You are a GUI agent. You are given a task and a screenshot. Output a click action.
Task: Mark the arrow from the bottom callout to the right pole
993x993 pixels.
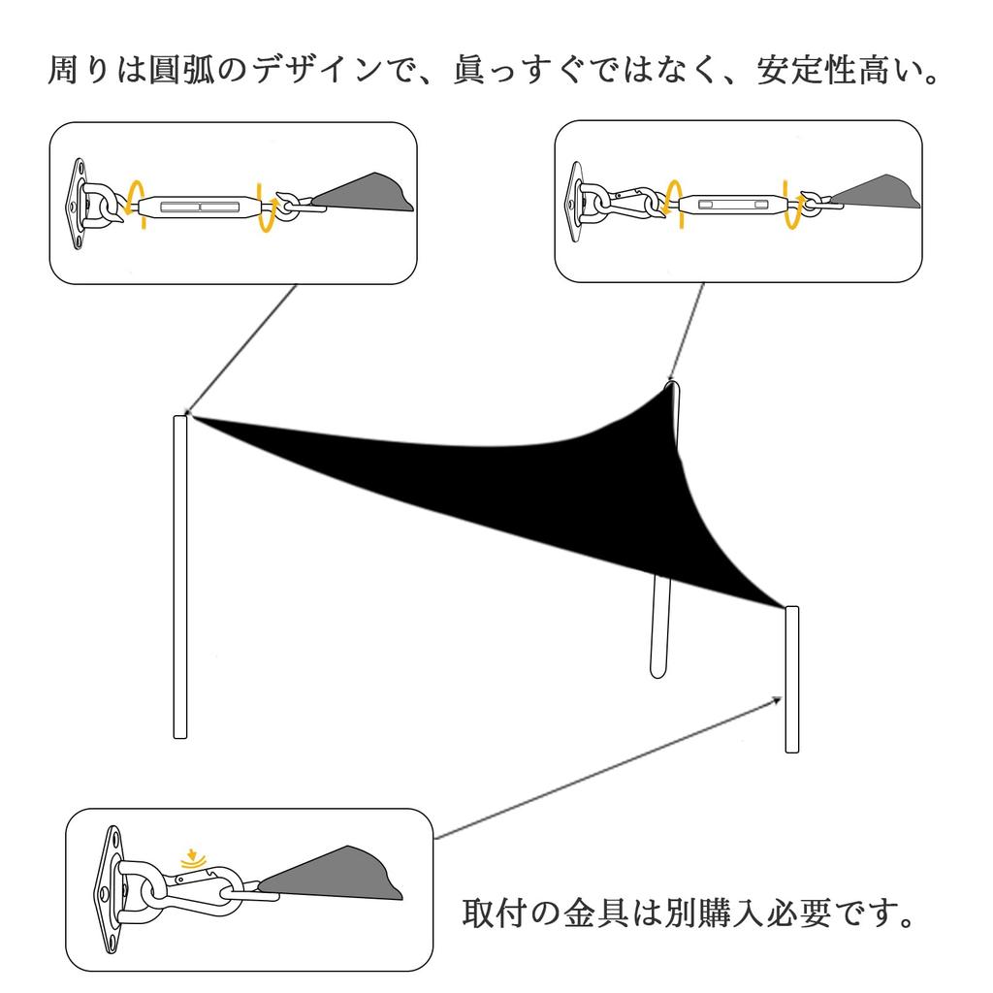click(x=611, y=767)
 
